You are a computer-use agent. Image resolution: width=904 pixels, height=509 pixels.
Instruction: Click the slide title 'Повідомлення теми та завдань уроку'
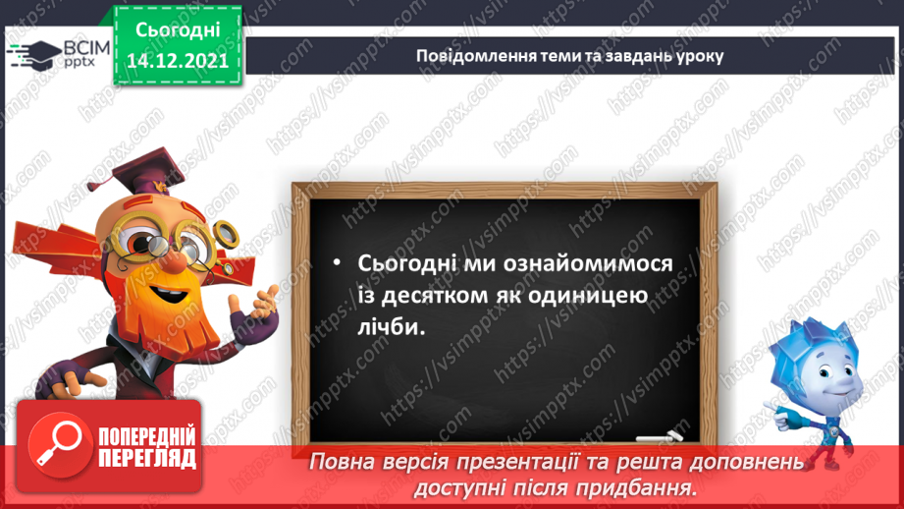568,55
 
